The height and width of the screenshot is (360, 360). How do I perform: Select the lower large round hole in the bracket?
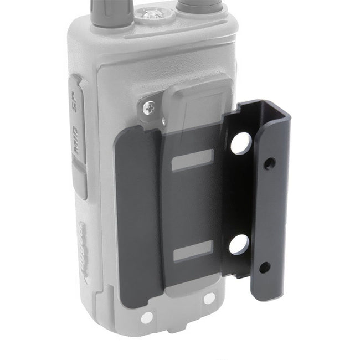coord(239,244)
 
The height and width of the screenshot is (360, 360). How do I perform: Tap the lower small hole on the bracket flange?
coord(264,267)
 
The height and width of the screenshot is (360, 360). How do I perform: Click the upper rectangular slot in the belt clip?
coord(192,160)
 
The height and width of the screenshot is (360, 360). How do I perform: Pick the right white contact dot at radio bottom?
coord(209,298)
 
